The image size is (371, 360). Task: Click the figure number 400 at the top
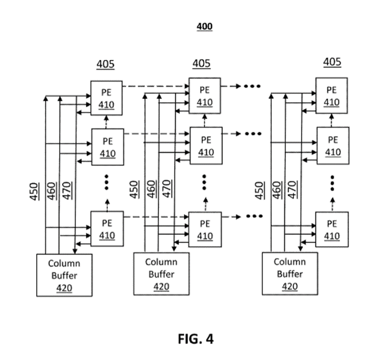click(x=205, y=27)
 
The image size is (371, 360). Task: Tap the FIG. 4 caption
click(x=196, y=339)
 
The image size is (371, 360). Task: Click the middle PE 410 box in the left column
click(x=107, y=147)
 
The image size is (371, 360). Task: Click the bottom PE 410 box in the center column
click(x=205, y=229)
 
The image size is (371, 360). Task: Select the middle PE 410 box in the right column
click(x=333, y=146)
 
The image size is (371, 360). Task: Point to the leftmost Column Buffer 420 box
click(x=65, y=275)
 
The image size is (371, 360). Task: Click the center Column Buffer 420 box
click(x=161, y=274)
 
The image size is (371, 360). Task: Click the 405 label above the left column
click(x=105, y=64)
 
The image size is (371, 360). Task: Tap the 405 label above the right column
click(x=332, y=62)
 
